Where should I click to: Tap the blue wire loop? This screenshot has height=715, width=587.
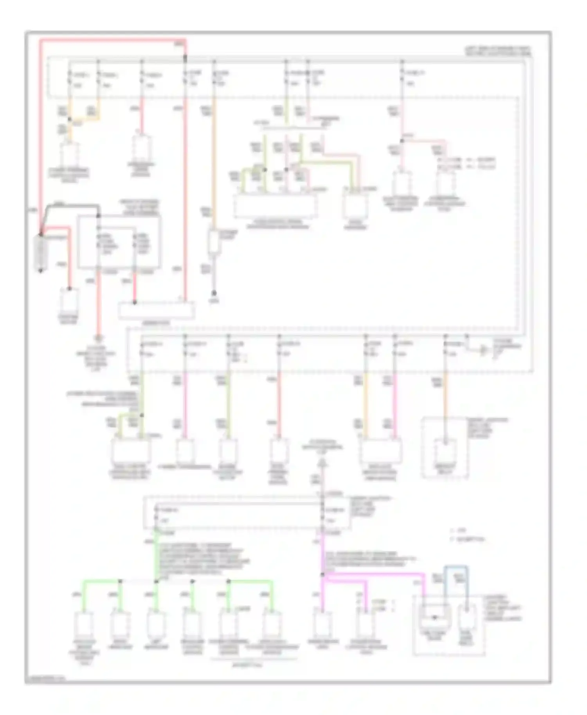coord(456,568)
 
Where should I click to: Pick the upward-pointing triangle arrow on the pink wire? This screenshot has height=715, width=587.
coord(322,463)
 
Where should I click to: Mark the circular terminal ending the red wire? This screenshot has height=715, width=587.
coord(99,338)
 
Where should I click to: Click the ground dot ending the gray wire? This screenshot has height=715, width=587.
coord(214,293)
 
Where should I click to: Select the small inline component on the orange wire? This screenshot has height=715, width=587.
coord(214,243)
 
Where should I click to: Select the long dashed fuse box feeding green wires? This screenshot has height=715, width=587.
coord(247,513)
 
